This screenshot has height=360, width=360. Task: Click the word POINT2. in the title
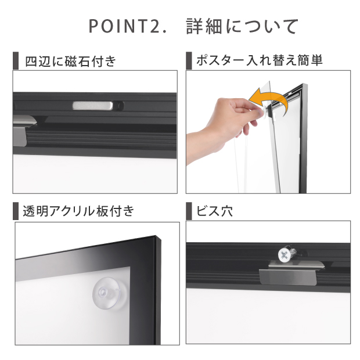pos(127,26)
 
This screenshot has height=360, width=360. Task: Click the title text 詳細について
pos(242,26)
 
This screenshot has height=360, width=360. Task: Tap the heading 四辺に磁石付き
pos(70,61)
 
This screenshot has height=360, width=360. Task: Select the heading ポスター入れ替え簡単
pos(260,60)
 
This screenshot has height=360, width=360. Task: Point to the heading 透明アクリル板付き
pos(78,211)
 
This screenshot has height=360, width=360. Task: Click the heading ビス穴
pos(214,211)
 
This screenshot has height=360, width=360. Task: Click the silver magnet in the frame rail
pos(93,105)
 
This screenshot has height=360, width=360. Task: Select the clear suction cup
pos(106,294)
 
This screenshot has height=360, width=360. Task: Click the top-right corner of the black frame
pos(160,238)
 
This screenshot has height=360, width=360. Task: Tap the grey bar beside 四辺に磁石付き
pos(16,60)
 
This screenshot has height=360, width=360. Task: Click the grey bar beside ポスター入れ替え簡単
pos(189,60)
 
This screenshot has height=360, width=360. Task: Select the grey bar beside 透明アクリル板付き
pos(16,211)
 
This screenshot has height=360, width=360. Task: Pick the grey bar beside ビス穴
pos(189,211)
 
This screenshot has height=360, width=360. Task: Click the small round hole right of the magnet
pos(120,106)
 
